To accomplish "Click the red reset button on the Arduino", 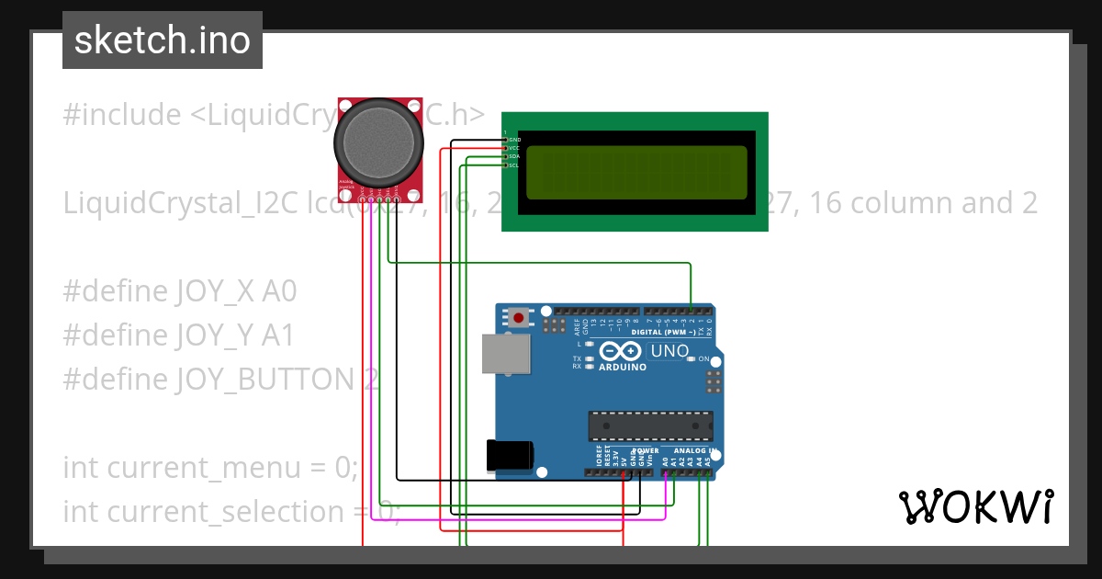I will click(x=519, y=318).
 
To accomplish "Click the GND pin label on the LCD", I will click(x=514, y=140).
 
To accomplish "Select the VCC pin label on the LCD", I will click(x=514, y=148).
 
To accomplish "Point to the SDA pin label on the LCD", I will click(x=514, y=157).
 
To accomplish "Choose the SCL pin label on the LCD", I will click(x=514, y=165).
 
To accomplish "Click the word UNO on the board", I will click(x=669, y=351).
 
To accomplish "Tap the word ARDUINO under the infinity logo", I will click(x=623, y=367).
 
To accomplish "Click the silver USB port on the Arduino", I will click(x=507, y=354).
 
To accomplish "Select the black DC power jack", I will click(x=509, y=456).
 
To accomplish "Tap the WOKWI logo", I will click(x=975, y=506).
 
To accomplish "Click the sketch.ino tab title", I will click(x=163, y=40).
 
